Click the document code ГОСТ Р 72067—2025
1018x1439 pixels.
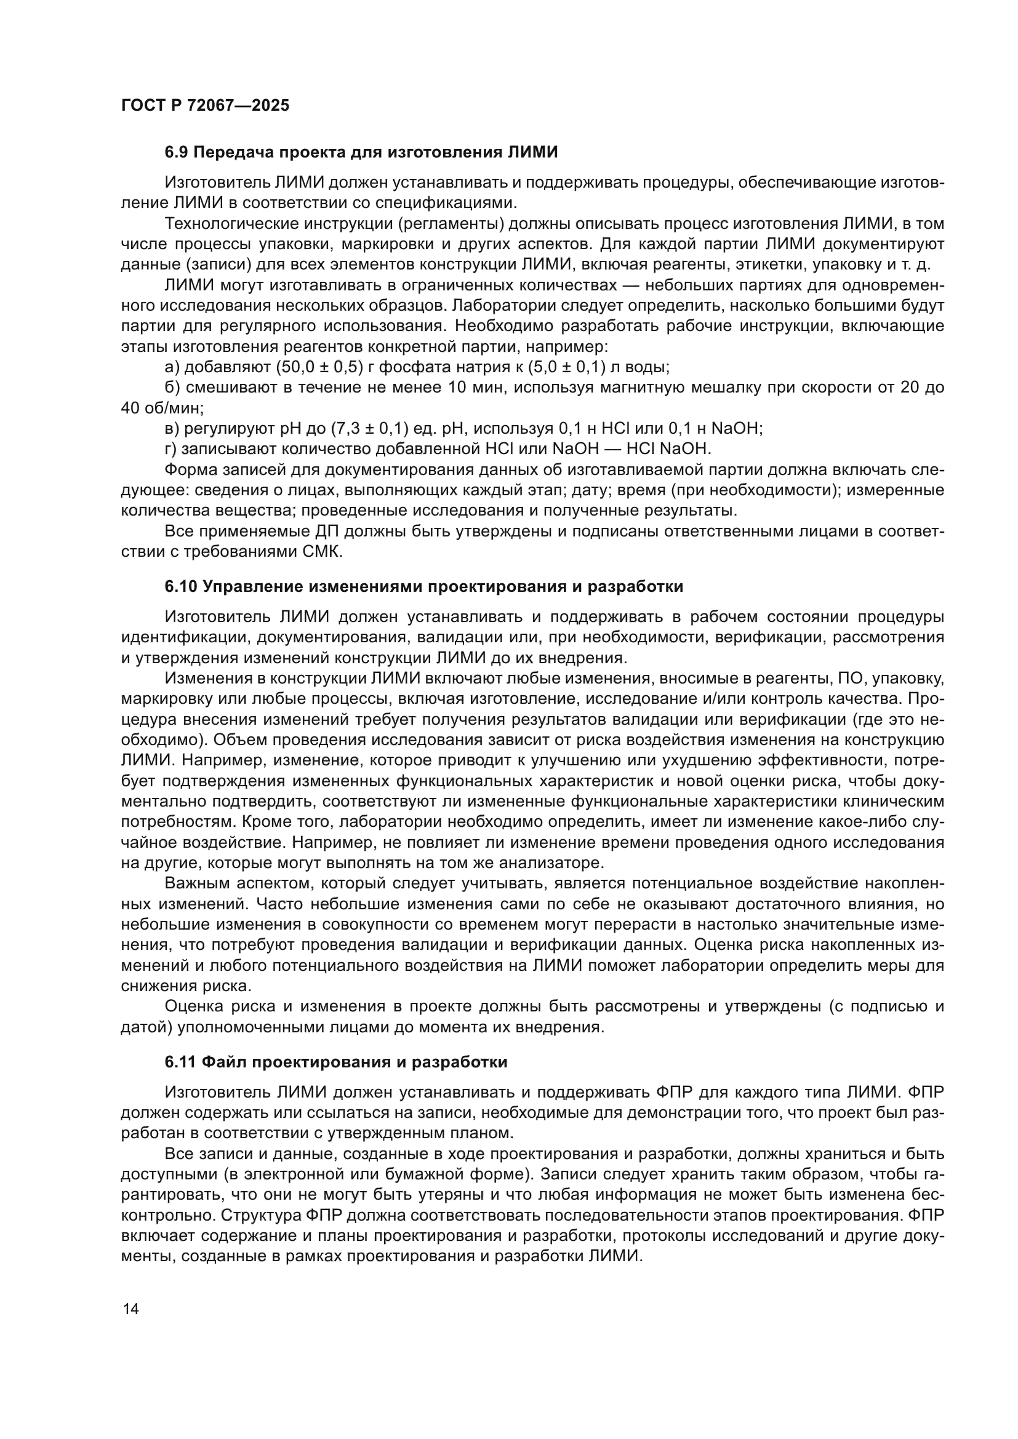(x=205, y=105)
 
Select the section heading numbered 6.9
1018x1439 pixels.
(x=361, y=153)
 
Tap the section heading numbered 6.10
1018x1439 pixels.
(x=423, y=587)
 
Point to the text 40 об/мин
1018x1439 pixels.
(x=162, y=409)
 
